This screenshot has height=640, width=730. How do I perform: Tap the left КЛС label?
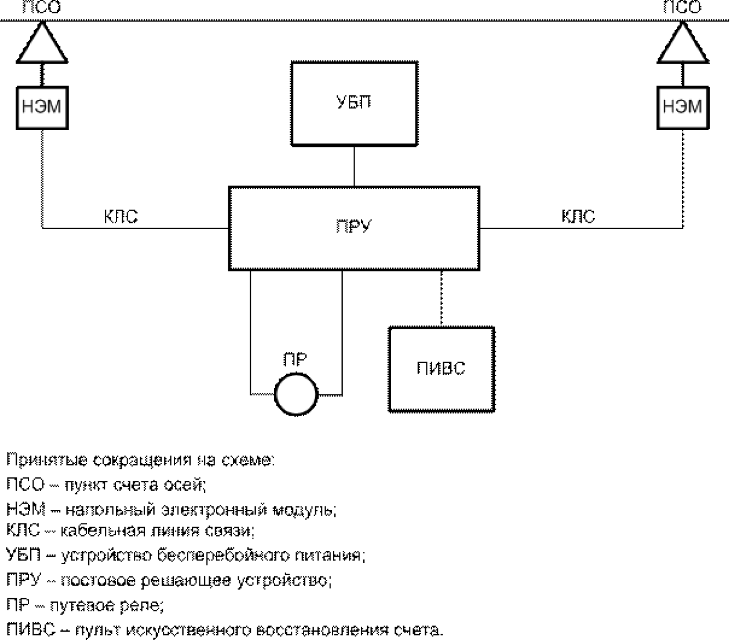coord(121,216)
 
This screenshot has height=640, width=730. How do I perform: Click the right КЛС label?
coord(578,216)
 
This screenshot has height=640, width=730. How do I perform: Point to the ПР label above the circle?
coord(295,359)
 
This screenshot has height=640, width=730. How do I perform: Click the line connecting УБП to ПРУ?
coord(354,166)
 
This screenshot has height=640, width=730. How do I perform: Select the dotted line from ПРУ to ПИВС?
coord(441,299)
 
